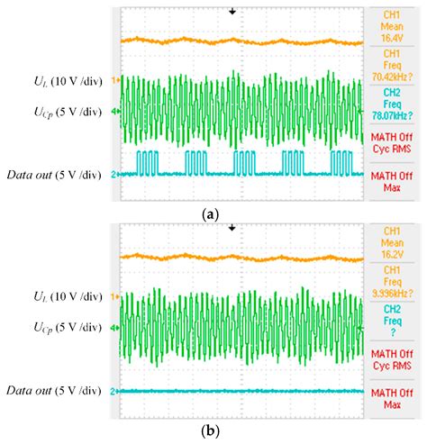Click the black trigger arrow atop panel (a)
click(x=232, y=12)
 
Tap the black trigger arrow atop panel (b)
click(x=232, y=228)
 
